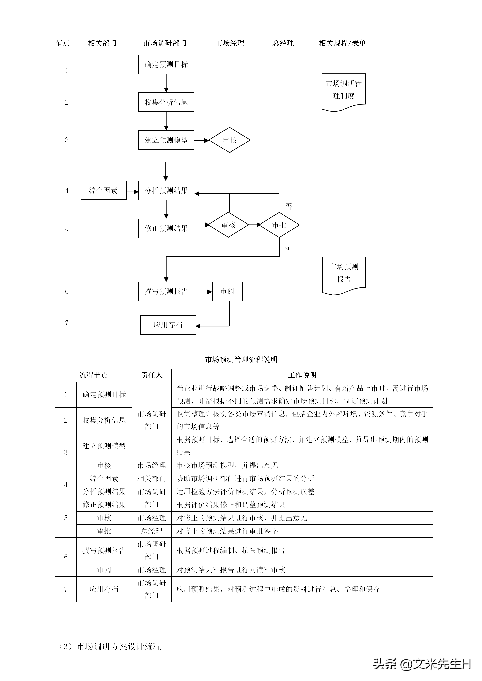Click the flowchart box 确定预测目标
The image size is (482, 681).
pyautogui.click(x=166, y=64)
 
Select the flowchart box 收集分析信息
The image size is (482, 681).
pyautogui.click(x=166, y=102)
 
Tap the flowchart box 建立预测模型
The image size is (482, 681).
pyautogui.click(x=166, y=140)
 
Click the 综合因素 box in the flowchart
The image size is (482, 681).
pyautogui.click(x=103, y=190)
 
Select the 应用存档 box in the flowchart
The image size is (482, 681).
pyautogui.click(x=168, y=325)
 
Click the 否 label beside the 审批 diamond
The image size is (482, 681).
pyautogui.click(x=288, y=207)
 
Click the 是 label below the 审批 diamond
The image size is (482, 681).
pyautogui.click(x=288, y=247)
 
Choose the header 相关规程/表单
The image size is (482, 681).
pyautogui.click(x=342, y=43)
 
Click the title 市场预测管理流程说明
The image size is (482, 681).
pyautogui.click(x=241, y=359)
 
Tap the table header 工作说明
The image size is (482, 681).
pyautogui.click(x=302, y=375)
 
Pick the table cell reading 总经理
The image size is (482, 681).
pyautogui.click(x=152, y=531)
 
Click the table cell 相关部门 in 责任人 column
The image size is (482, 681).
pyautogui.click(x=152, y=478)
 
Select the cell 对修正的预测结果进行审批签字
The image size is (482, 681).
pyautogui.click(x=227, y=531)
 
